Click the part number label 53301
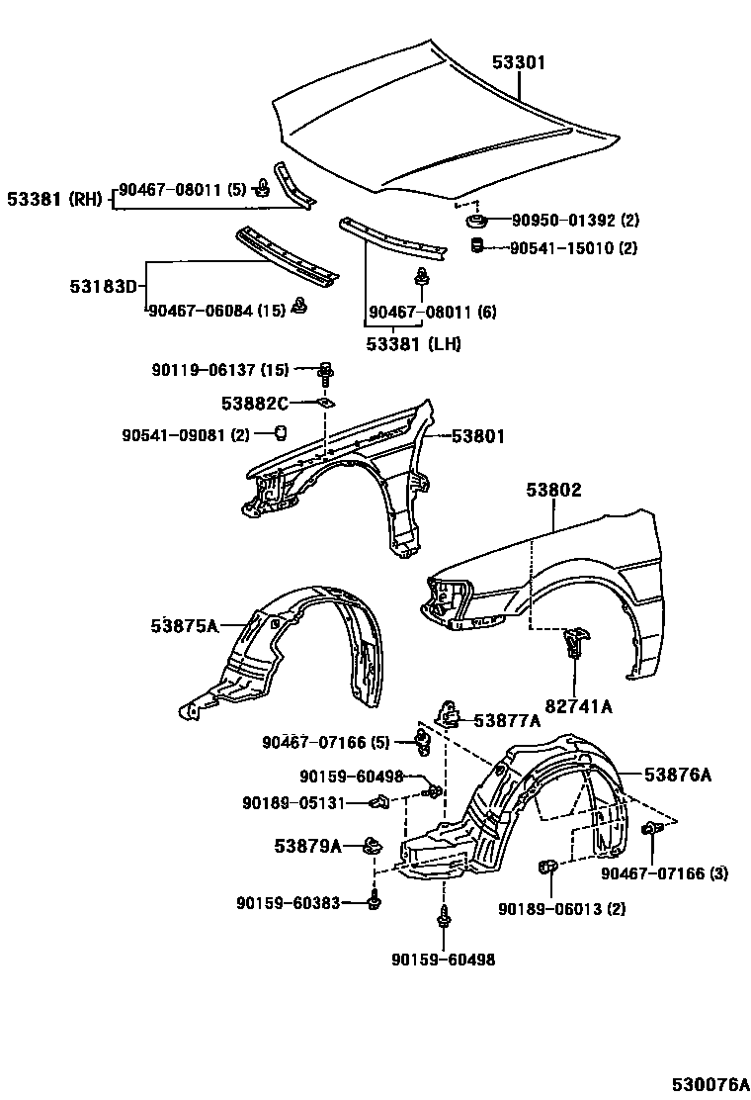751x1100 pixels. (x=519, y=62)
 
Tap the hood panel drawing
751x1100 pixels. (x=425, y=129)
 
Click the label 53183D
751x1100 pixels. (x=104, y=286)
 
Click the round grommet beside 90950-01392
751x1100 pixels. (x=476, y=221)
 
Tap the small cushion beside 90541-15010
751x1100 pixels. (x=475, y=245)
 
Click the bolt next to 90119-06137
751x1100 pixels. (x=325, y=373)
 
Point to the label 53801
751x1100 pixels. (x=479, y=435)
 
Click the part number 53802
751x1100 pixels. (x=553, y=490)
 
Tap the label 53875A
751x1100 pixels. (x=185, y=625)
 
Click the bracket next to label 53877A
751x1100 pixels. (x=449, y=713)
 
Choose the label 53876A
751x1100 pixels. (x=679, y=776)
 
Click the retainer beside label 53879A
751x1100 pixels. (x=373, y=846)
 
